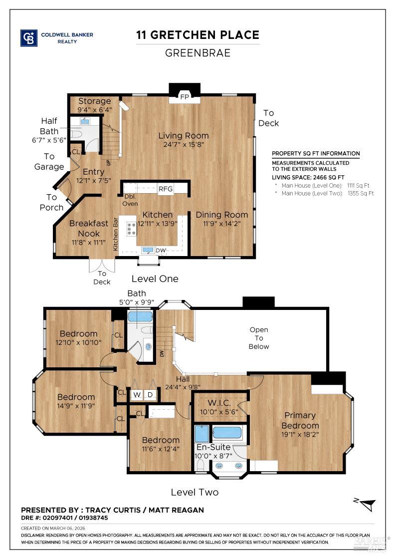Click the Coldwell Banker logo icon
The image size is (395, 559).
coord(29,38)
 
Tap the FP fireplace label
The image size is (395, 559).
coord(185,96)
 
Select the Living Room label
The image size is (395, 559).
coord(184,135)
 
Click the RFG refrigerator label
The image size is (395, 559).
coord(165,189)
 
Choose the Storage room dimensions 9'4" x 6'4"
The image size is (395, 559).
coord(94,109)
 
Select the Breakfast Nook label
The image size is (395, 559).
coord(88,228)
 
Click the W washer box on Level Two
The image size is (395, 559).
coord(137,395)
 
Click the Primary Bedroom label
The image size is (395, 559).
coord(300,420)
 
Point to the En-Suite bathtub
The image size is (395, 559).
coord(227,432)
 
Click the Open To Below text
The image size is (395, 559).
coord(258,338)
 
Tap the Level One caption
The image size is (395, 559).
coord(155,279)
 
